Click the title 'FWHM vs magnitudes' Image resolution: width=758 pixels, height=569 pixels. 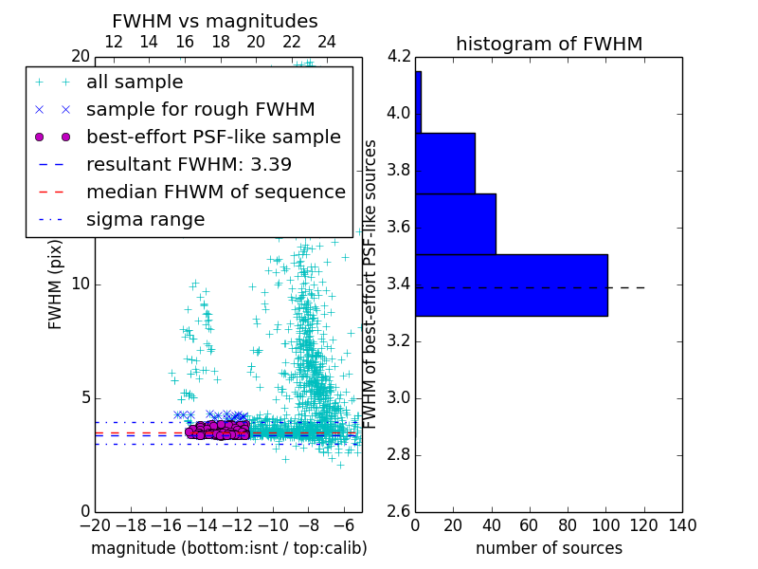pyautogui.click(x=215, y=22)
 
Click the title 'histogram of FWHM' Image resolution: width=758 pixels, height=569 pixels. pyautogui.click(x=549, y=44)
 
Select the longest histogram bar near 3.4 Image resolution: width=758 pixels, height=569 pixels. pyautogui.click(x=511, y=284)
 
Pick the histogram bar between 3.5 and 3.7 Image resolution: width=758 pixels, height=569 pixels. pyautogui.click(x=455, y=224)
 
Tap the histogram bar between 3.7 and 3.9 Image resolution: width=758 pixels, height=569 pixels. pyautogui.click(x=444, y=163)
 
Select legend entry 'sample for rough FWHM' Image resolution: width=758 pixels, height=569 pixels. pyautogui.click(x=200, y=109)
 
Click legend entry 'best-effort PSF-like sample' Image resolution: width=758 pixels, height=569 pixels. pyautogui.click(x=213, y=137)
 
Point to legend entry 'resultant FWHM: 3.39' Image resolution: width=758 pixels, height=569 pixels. pyautogui.click(x=189, y=164)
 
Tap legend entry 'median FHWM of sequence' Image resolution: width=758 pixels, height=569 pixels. pyautogui.click(x=215, y=192)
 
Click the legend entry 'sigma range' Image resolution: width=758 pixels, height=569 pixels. pyautogui.click(x=145, y=219)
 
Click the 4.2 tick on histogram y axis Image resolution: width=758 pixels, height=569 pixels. pyautogui.click(x=398, y=56)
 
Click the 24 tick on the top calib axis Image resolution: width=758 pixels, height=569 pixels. pyautogui.click(x=327, y=42)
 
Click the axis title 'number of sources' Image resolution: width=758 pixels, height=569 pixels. pyautogui.click(x=549, y=548)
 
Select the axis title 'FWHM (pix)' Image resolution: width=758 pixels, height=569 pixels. pyautogui.click(x=56, y=285)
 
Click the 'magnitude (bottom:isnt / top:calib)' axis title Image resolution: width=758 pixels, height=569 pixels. pyautogui.click(x=228, y=548)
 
